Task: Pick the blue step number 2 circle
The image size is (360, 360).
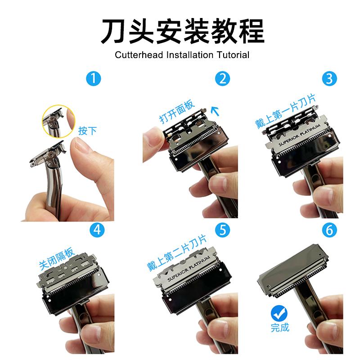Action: (x=222, y=79)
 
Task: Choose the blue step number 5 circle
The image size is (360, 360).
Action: (x=222, y=229)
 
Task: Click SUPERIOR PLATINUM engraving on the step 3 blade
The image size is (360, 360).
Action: (x=298, y=134)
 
